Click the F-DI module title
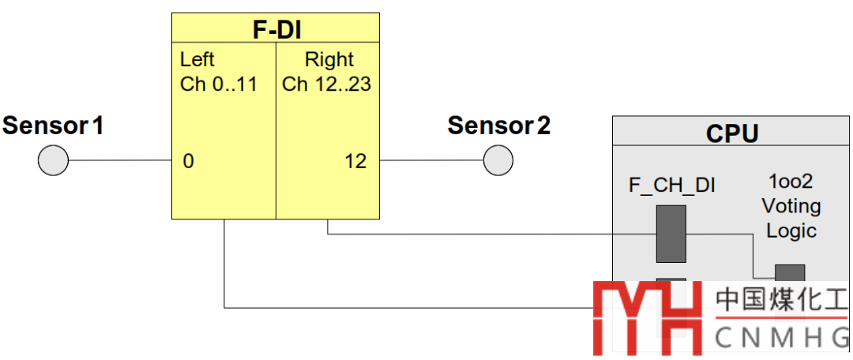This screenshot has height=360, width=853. point(276,30)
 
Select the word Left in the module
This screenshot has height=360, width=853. point(197,60)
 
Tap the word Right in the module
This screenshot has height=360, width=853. point(329,60)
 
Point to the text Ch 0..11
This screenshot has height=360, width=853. point(219,84)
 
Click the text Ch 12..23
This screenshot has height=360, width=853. point(326,84)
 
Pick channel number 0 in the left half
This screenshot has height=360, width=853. point(188,162)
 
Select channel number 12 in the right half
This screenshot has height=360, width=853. point(355,162)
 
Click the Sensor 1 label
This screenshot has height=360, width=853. point(53,125)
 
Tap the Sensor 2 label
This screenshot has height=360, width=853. point(499,125)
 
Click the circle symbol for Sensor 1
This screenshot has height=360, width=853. point(54,162)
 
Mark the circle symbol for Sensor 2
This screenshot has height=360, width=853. point(498,162)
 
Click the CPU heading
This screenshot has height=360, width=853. point(732,133)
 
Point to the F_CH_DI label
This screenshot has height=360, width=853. point(671,186)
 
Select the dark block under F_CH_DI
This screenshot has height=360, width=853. point(671,234)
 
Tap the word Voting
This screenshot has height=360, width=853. point(791,206)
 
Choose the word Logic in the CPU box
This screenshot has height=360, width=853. point(791,231)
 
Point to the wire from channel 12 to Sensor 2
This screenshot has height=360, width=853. point(431,162)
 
